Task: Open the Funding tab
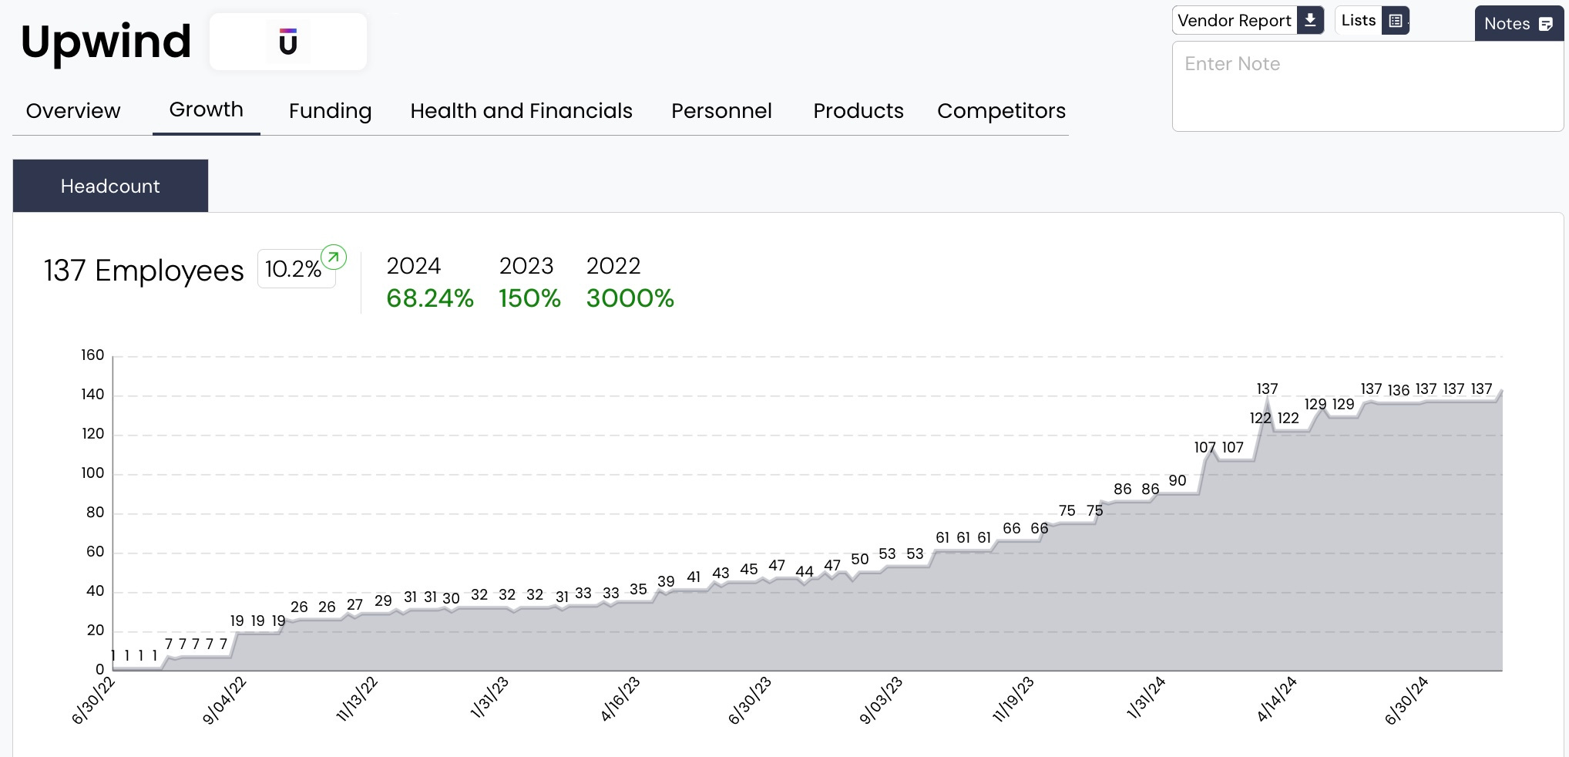point(330,111)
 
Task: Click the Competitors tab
point(1001,111)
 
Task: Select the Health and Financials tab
point(521,111)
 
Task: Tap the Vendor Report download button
point(1248,21)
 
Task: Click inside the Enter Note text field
point(1367,86)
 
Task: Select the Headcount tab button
point(110,186)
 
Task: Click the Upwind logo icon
point(288,42)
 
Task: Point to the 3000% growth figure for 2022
point(630,298)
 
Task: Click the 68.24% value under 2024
point(429,298)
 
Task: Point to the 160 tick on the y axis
point(92,355)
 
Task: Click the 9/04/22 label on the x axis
point(224,700)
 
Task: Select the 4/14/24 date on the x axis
point(1277,699)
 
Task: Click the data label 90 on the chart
point(1177,480)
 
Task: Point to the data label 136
point(1398,390)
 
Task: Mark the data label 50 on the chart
point(859,559)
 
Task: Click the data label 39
point(666,581)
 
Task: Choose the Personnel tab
point(721,111)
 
